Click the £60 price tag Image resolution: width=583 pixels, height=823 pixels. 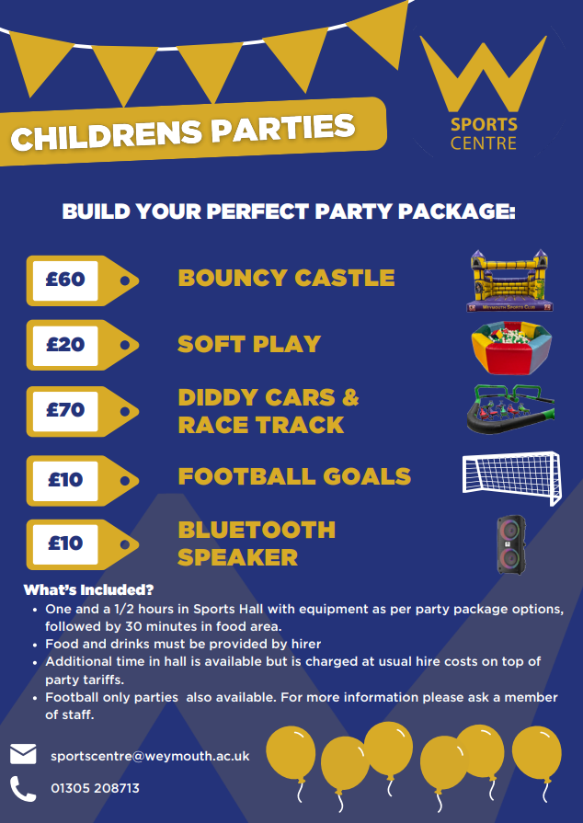click(83, 280)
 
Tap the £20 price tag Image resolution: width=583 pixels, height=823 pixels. click(83, 345)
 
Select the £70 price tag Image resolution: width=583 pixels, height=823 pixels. click(83, 411)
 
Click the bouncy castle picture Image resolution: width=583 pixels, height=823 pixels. click(509, 280)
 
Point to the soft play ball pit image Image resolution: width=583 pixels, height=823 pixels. click(511, 348)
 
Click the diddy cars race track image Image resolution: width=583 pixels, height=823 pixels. click(510, 409)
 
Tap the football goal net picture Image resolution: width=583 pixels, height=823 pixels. click(511, 477)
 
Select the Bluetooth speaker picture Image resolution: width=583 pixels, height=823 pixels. click(510, 544)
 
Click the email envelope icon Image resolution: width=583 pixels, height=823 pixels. click(23, 754)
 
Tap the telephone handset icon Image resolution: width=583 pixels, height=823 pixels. click(23, 788)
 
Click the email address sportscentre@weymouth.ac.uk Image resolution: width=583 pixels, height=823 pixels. click(150, 757)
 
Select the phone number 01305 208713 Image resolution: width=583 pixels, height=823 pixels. click(95, 788)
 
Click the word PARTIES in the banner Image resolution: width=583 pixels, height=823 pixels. click(283, 129)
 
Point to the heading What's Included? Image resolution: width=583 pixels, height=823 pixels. click(88, 590)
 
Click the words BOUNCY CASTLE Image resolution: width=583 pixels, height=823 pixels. click(287, 279)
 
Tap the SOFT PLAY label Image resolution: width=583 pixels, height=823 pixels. click(249, 344)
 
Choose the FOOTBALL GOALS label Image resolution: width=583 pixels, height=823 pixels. click(294, 476)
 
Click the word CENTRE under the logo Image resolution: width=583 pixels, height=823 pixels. click(484, 143)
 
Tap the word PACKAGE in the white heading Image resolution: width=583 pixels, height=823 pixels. click(456, 211)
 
